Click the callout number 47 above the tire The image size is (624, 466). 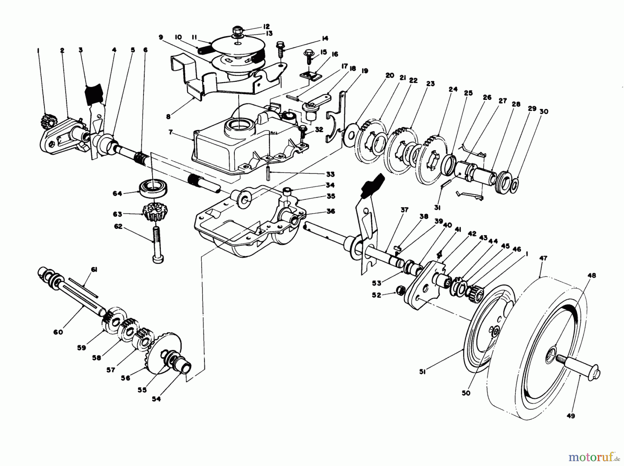[543, 258]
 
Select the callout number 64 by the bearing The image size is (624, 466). [117, 193]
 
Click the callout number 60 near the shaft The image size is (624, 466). [58, 332]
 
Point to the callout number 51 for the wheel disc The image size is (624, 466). [423, 372]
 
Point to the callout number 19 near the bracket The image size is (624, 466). [364, 71]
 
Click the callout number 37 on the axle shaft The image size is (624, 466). [404, 209]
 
